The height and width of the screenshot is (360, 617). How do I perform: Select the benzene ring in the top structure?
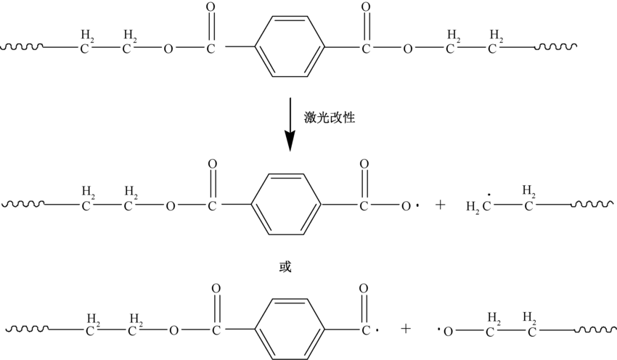288,49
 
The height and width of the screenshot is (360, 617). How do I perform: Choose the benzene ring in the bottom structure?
289,328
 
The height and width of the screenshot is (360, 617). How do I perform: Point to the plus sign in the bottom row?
406,329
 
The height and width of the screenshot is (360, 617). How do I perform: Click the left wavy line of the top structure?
23,49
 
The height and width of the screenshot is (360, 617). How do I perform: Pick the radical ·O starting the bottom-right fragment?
446,330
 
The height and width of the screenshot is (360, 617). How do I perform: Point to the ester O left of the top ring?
168,50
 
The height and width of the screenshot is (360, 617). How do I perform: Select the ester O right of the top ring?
408,50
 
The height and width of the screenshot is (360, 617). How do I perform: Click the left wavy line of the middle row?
23,205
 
